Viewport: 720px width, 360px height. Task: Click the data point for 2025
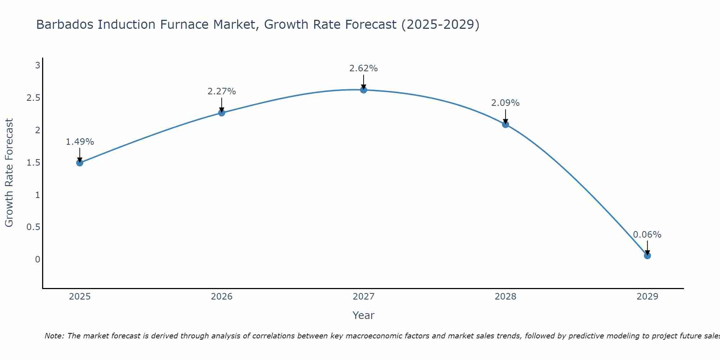[80, 163]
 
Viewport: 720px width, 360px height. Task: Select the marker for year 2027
[364, 90]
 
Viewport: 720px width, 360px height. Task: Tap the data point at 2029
[647, 256]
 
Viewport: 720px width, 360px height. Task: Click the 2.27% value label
[221, 91]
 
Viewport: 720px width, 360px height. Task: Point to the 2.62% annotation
[364, 68]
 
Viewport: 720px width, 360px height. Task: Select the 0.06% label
[647, 235]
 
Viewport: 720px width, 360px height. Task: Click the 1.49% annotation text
[80, 142]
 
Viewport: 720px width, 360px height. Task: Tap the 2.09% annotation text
[505, 103]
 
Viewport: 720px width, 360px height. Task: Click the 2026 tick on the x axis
[221, 297]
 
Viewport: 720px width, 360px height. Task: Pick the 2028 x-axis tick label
[505, 297]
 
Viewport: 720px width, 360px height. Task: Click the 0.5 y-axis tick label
[33, 227]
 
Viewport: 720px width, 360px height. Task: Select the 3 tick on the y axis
[37, 66]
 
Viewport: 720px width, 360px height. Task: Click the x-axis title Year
[364, 315]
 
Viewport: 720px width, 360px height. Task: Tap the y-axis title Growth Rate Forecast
[9, 173]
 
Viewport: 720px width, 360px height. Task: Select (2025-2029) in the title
[440, 24]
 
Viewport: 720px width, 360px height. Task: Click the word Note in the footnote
[54, 336]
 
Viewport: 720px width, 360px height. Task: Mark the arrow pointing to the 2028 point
[505, 117]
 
